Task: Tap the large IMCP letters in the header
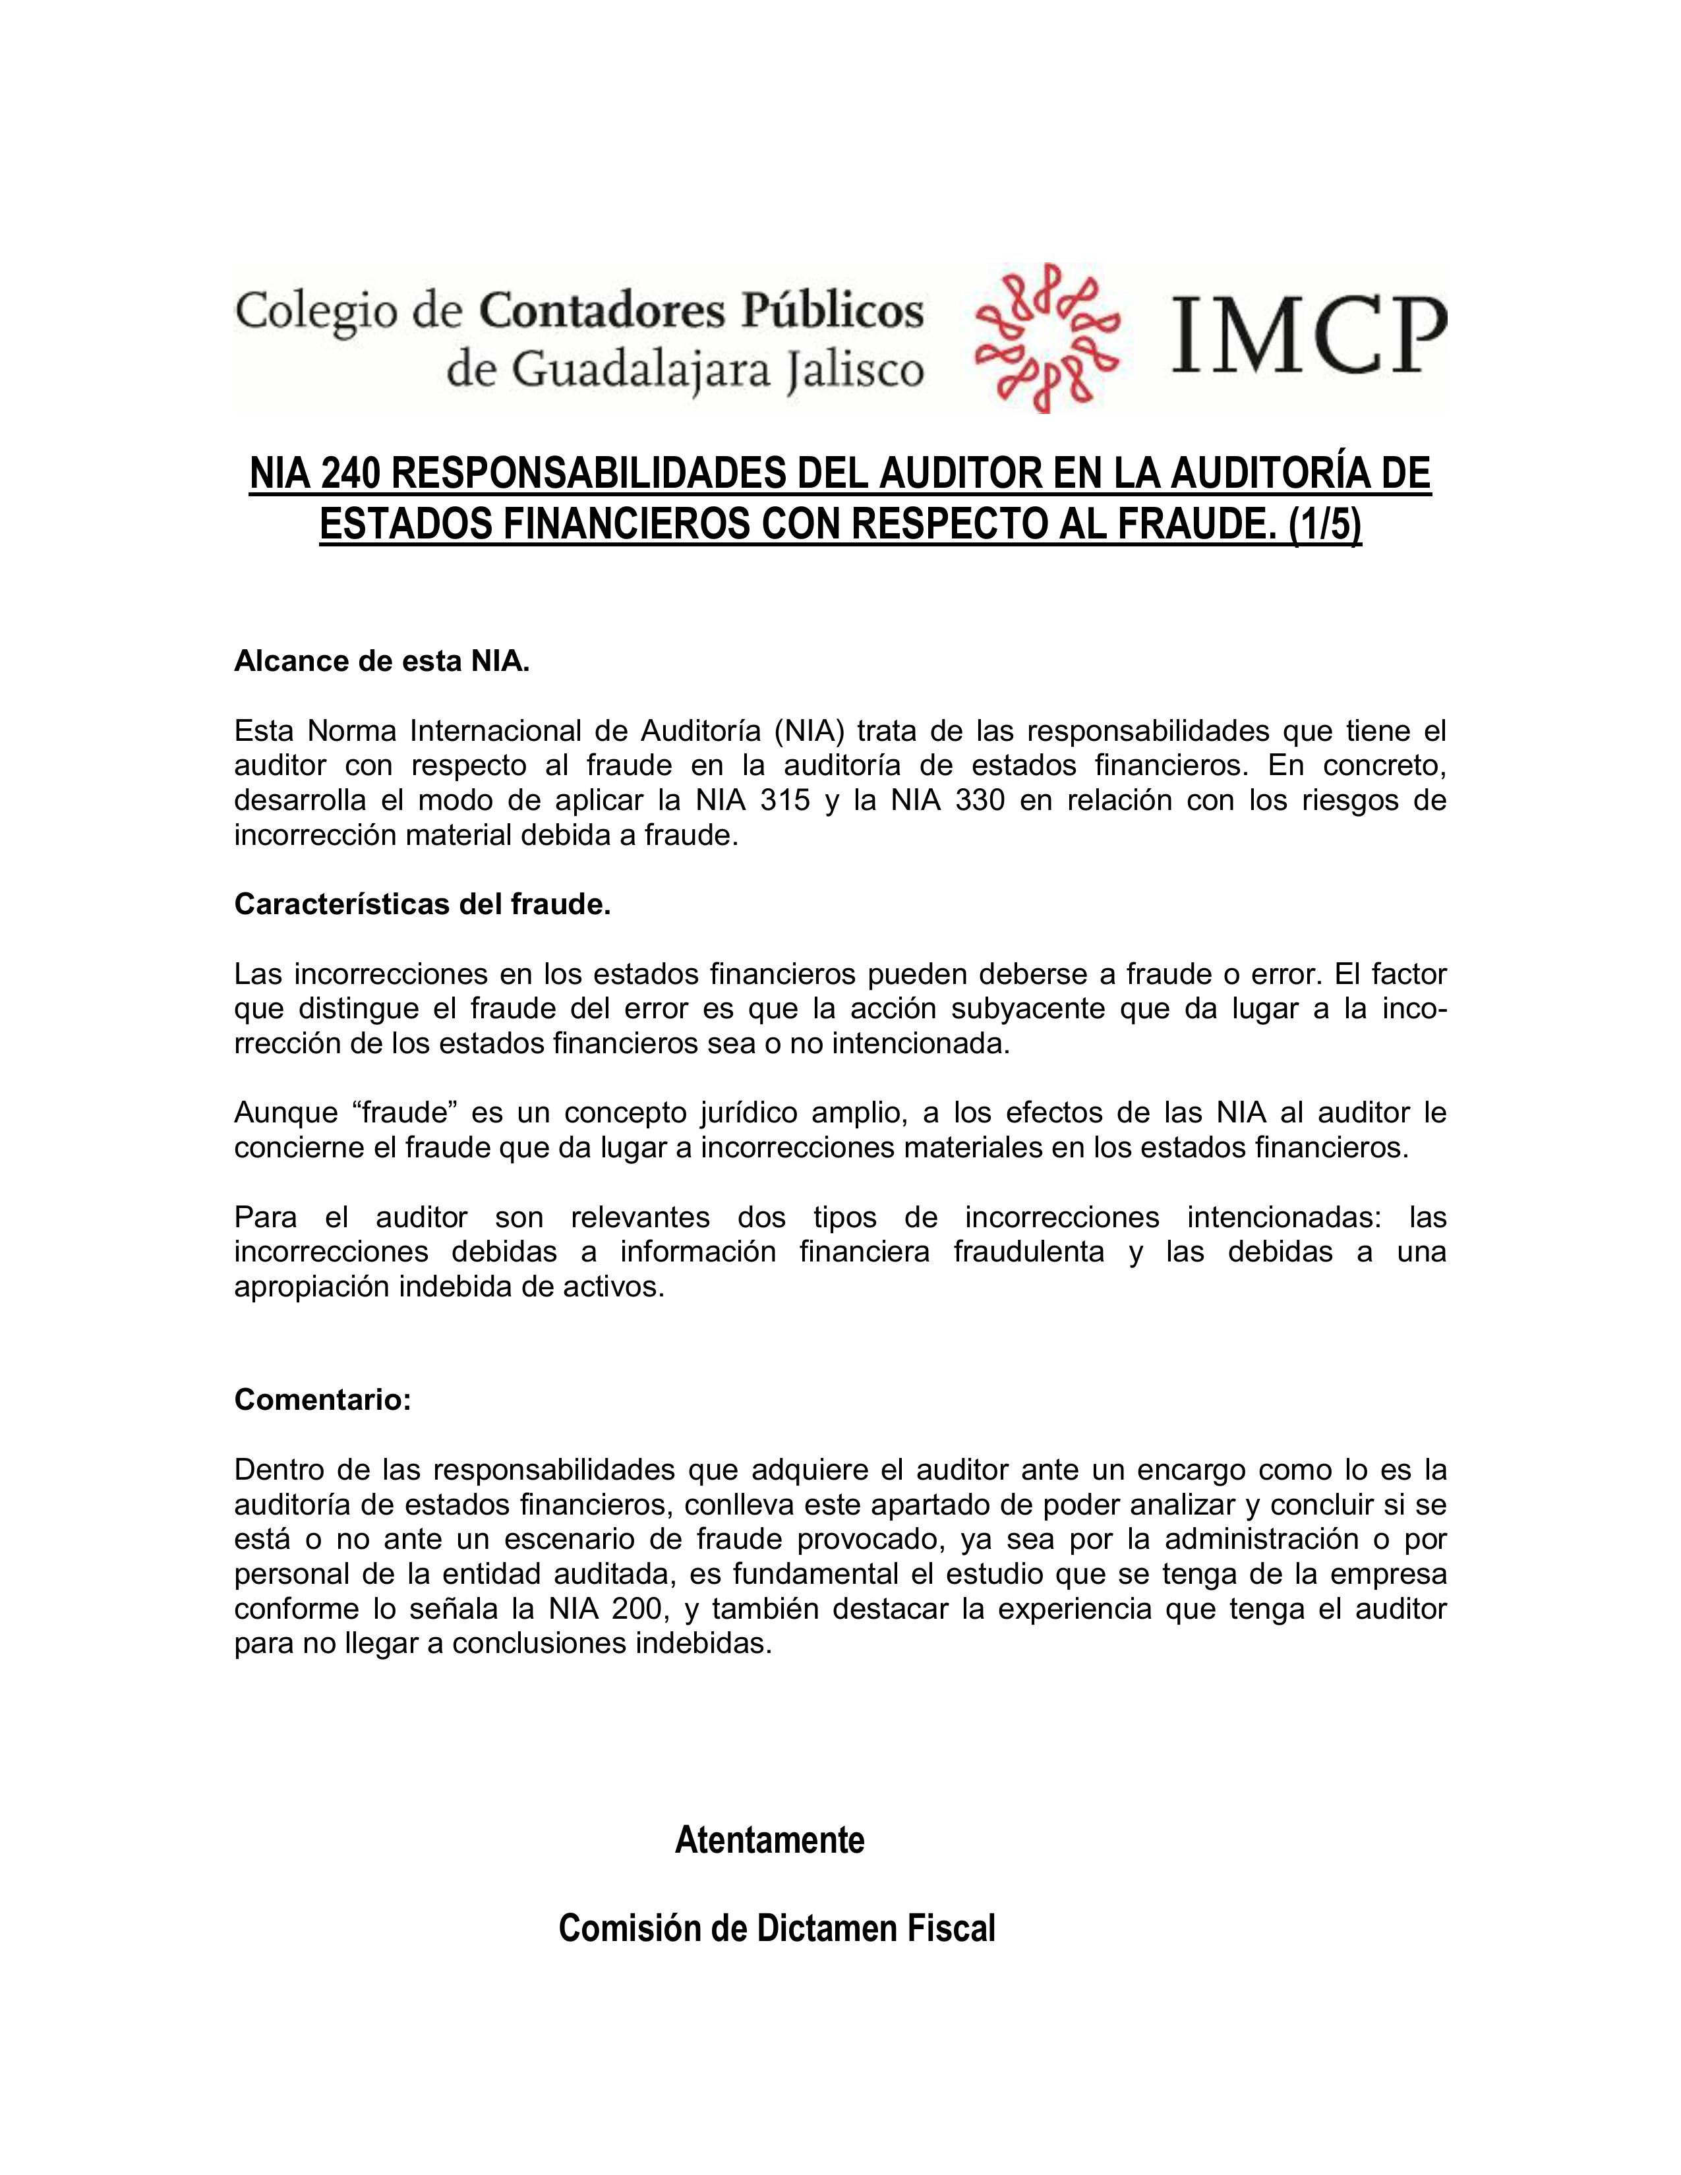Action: (1309, 337)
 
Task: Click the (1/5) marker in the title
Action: (1324, 526)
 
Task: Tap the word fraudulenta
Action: (1028, 1252)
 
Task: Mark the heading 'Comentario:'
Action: (322, 1400)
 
